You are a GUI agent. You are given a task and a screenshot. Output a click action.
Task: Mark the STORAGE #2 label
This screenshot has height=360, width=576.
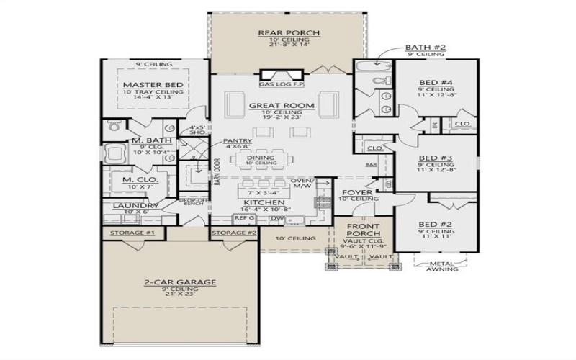pyautogui.click(x=234, y=233)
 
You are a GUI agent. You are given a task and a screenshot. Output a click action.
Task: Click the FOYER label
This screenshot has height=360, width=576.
pyautogui.click(x=356, y=192)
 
